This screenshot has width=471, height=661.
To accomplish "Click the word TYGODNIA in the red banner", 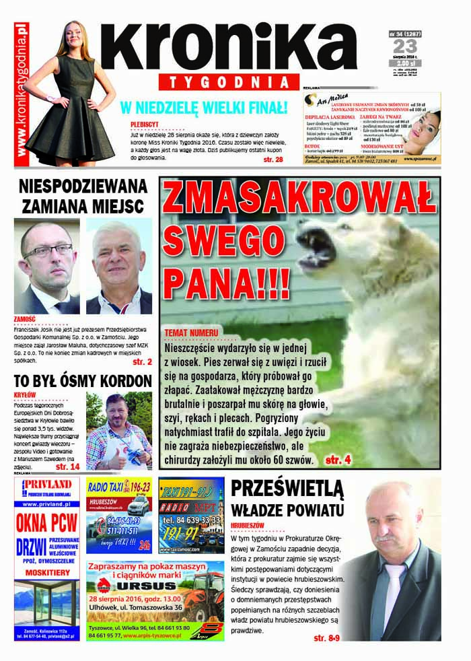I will tap(229, 81).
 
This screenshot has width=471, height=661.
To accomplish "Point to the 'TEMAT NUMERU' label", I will tap(191, 333).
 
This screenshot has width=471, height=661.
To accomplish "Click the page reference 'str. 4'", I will tap(338, 460).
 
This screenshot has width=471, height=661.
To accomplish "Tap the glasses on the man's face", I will tap(48, 250).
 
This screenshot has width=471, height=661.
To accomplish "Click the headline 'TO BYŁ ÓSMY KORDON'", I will tap(83, 381).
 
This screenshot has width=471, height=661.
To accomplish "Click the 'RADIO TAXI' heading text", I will tap(110, 487).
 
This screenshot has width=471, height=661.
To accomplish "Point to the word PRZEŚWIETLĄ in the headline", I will tap(287, 488).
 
